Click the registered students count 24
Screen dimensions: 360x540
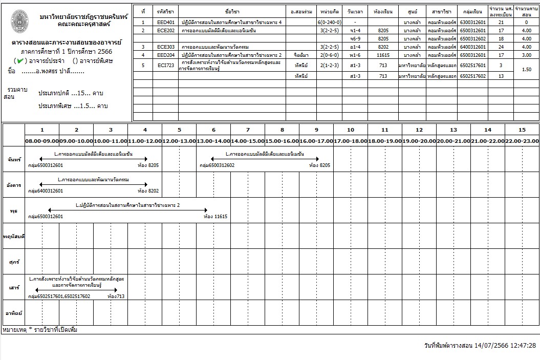click(501, 47)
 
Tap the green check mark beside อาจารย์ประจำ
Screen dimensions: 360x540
click(18, 61)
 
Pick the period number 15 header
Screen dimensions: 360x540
click(522, 130)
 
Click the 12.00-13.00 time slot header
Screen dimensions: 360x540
click(179, 140)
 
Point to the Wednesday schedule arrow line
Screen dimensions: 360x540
click(127, 210)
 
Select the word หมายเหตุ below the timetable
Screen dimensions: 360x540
click(14, 330)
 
